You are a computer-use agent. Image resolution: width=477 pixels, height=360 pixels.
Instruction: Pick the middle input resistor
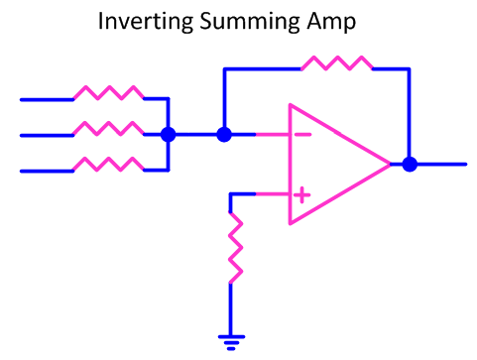108,129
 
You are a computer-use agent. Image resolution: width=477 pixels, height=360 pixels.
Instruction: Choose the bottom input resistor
108,165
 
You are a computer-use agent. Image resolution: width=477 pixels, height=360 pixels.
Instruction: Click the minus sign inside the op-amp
301,134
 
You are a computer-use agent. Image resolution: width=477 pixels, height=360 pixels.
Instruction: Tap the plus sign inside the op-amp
301,195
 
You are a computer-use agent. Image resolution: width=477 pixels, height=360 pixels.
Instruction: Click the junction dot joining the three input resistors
169,134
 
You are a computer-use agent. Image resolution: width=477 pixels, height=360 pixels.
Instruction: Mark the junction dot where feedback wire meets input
224,134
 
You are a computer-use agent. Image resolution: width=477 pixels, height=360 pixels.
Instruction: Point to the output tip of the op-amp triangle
390,165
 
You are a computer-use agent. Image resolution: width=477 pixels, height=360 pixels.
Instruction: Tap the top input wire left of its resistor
46,99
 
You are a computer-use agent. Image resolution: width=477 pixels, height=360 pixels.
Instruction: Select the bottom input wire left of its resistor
46,171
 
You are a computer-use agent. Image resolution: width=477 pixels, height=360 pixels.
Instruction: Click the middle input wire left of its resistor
46,135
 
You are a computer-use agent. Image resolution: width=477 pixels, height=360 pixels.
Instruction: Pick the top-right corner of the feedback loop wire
407,69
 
